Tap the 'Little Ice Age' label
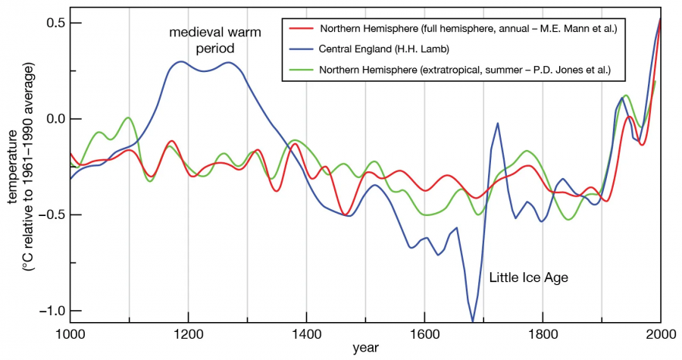point(529,278)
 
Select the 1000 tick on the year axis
point(70,333)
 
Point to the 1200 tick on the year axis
point(188,333)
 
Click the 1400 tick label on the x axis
point(306,333)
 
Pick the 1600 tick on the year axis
point(424,333)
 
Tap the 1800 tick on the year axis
point(543,333)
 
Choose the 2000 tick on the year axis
point(660,333)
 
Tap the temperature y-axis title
point(23,167)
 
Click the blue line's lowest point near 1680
point(473,321)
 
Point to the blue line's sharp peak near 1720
point(497,123)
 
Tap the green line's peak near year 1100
point(129,117)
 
